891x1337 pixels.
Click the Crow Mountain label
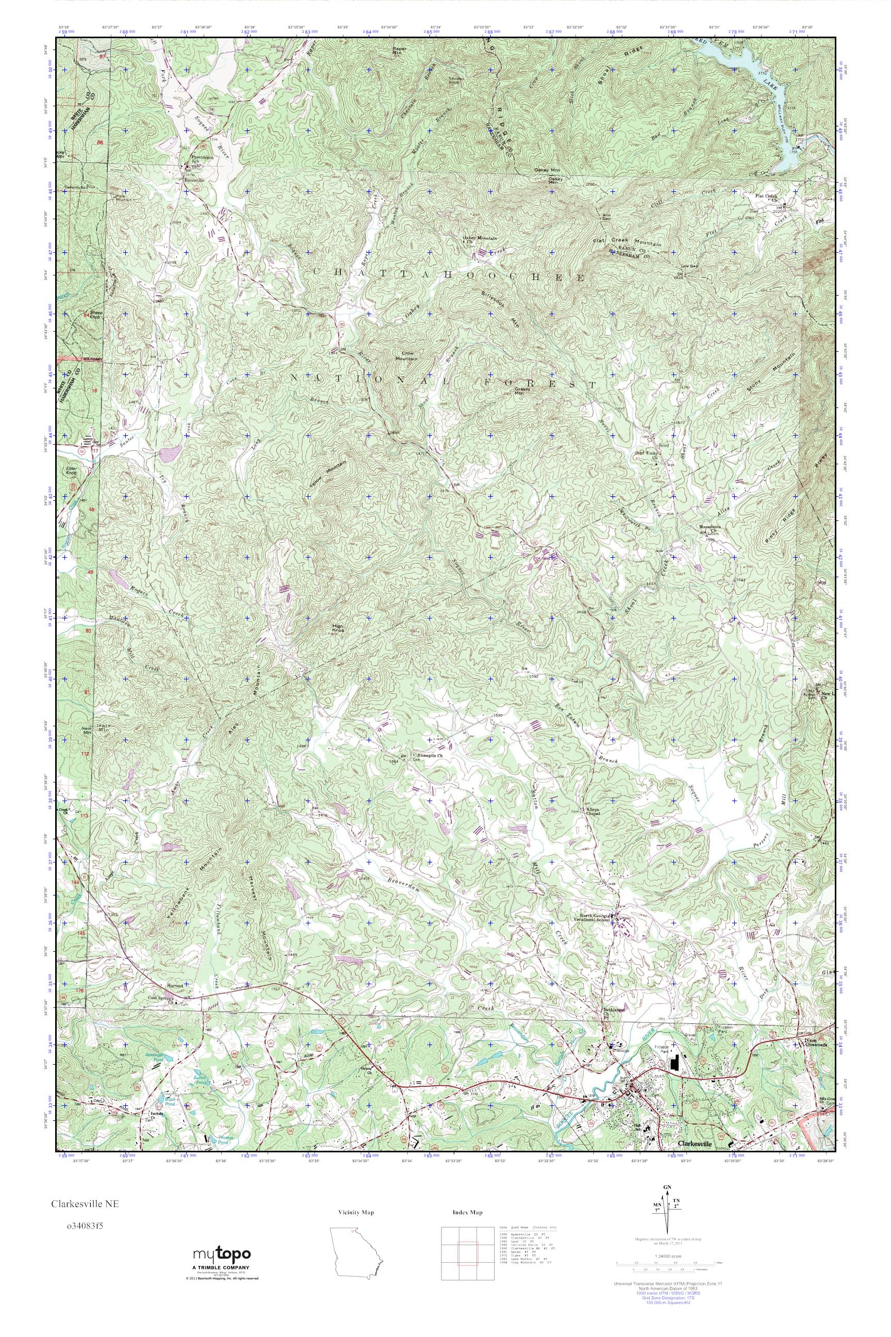click(x=407, y=356)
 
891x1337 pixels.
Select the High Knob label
click(x=339, y=628)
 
